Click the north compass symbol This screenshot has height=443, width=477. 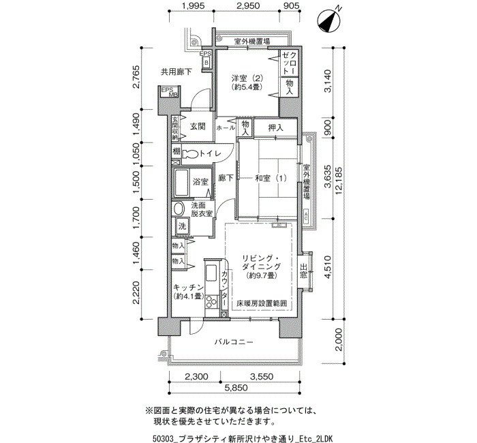point(328,21)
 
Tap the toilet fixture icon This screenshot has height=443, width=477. point(190,154)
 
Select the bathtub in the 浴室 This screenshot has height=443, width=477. point(182,183)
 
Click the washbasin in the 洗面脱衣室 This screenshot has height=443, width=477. point(179,209)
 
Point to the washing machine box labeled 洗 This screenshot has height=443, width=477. point(182,226)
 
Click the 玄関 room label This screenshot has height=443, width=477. point(198,126)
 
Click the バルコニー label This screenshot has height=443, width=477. point(234,342)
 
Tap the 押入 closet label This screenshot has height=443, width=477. point(275,128)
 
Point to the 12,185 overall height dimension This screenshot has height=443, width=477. point(340,183)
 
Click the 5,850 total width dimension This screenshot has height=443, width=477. point(236,387)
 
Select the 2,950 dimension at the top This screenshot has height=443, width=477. point(247,5)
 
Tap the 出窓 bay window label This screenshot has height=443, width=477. point(303,271)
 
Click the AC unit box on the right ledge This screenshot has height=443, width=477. point(306,216)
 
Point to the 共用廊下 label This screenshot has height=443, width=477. point(176,72)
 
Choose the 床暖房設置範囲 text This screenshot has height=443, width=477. point(262,303)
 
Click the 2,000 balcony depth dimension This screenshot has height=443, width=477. point(340,339)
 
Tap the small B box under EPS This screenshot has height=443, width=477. point(206,63)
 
